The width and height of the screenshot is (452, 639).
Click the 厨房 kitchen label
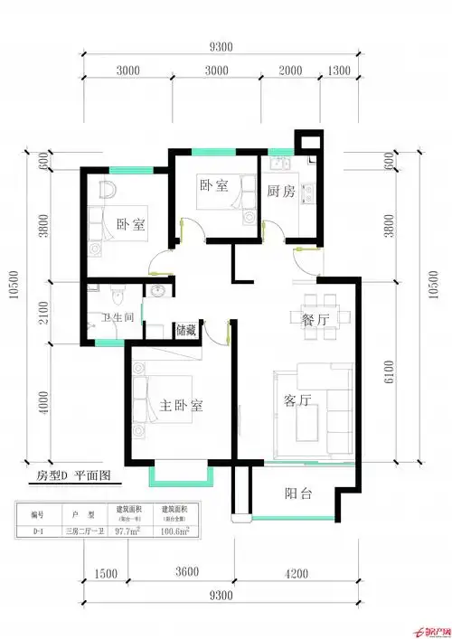point(281,191)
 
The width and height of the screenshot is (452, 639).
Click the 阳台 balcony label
point(299,493)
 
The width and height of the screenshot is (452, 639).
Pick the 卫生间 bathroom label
point(118,317)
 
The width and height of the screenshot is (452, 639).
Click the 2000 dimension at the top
point(290,70)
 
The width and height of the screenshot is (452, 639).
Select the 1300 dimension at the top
point(339,70)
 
